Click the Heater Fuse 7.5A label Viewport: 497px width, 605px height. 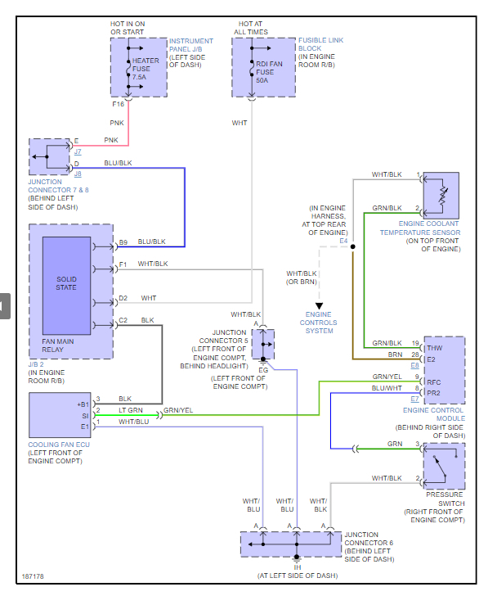147,70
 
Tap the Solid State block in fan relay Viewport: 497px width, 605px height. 66,282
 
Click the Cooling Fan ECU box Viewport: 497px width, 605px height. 59,415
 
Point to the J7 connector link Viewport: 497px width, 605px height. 78,151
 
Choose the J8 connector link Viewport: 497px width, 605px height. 78,174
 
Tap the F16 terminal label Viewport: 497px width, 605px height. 119,105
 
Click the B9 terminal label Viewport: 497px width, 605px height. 123,242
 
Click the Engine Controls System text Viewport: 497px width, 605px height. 319,323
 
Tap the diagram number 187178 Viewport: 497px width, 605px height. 34,576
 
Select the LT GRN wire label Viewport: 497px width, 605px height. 131,410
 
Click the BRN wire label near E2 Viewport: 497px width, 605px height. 394,354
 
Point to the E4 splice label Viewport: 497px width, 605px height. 343,242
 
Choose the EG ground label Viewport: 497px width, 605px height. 263,370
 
